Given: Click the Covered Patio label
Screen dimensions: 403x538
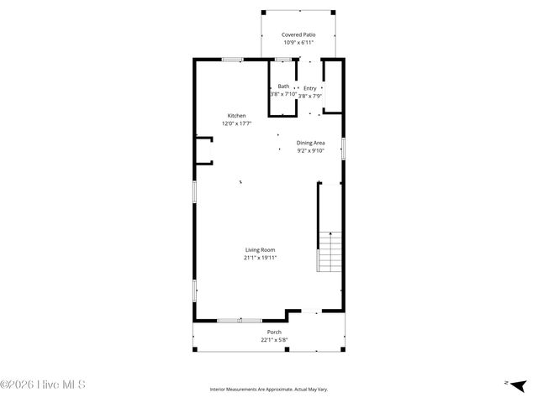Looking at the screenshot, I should [298, 34].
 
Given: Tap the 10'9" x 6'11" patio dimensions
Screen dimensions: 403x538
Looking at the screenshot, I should [298, 42].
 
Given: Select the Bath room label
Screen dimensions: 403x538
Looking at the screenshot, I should [283, 86].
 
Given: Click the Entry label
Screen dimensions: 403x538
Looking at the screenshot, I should [309, 87].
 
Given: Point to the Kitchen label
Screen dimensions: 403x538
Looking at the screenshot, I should [236, 115].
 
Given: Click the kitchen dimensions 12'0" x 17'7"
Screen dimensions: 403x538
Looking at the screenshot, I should [236, 123].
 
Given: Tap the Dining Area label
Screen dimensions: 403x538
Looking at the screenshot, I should [310, 143].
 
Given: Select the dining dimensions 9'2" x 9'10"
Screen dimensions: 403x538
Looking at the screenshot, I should [310, 151].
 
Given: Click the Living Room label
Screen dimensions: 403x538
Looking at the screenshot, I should [260, 249].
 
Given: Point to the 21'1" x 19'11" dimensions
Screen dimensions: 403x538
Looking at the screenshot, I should [260, 258].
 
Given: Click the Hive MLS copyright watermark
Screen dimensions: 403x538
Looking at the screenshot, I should [43, 385].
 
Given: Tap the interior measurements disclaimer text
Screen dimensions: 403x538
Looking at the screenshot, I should [268, 390].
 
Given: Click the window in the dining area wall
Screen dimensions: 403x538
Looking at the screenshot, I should [344, 148].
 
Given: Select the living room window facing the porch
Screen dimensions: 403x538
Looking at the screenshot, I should [239, 320].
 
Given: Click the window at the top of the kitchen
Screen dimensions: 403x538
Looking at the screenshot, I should [233, 59].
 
